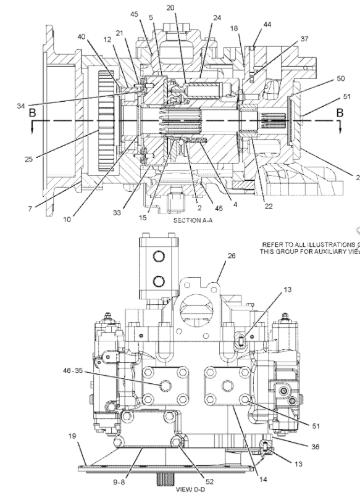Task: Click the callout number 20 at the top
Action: [x=170, y=7]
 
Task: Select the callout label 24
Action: [x=217, y=18]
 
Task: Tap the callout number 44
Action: [x=267, y=24]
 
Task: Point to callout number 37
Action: [x=304, y=39]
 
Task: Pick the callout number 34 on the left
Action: [x=22, y=106]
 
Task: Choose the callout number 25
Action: [x=28, y=159]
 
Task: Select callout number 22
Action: [x=269, y=206]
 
